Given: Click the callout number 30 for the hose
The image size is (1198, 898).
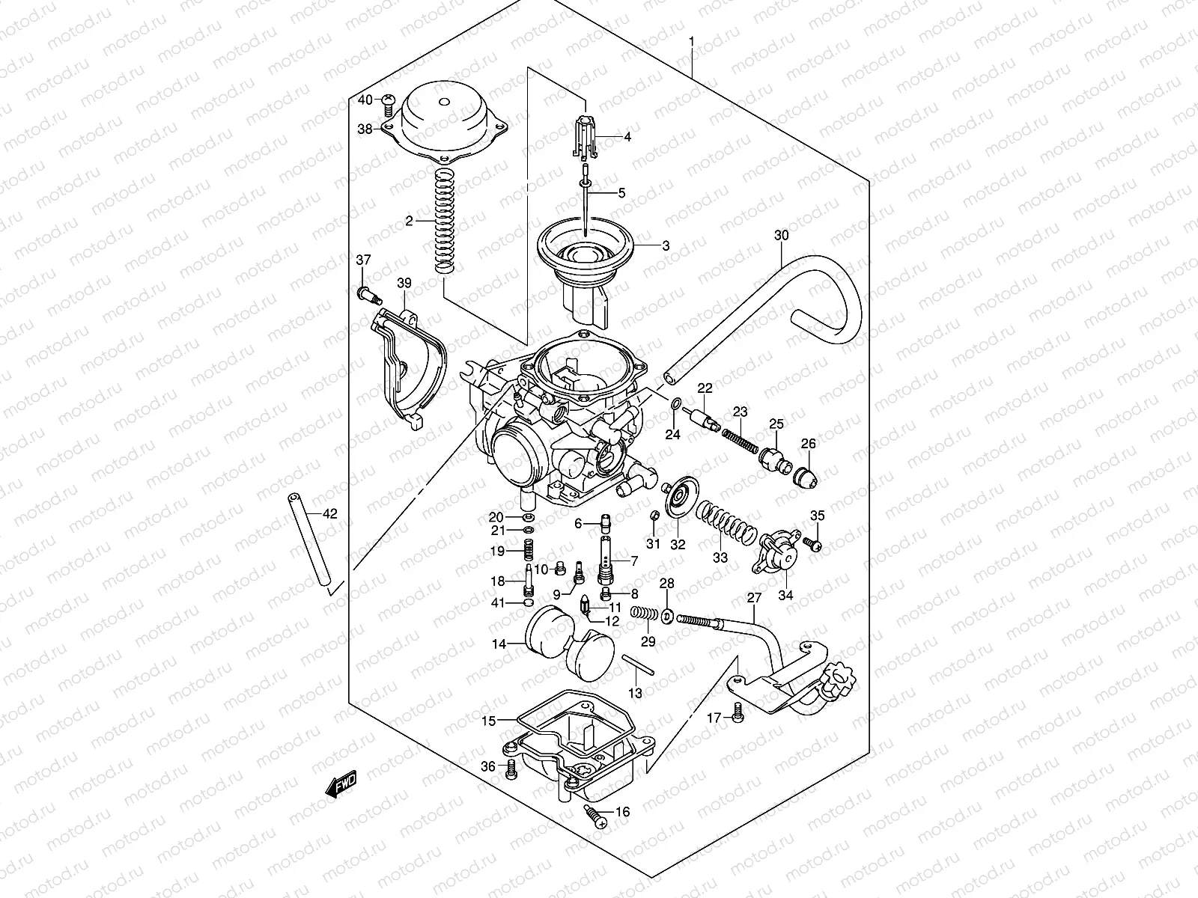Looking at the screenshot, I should (x=781, y=235).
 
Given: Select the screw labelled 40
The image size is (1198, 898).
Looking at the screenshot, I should (x=388, y=100).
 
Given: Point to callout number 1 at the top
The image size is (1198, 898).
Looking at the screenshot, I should (x=692, y=40).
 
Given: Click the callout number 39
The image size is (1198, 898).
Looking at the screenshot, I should (x=404, y=283).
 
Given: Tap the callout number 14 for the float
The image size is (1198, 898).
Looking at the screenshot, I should (x=499, y=644).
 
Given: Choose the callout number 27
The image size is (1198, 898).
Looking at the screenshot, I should (x=754, y=598).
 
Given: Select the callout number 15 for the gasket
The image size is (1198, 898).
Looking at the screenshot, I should (x=488, y=721).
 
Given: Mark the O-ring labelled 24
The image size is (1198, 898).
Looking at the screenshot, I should (x=676, y=406).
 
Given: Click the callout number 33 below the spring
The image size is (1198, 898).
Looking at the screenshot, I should (x=720, y=558).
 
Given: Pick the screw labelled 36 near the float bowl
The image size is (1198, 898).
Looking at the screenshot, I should (x=511, y=767).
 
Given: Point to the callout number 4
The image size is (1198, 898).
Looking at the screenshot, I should (x=627, y=137).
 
